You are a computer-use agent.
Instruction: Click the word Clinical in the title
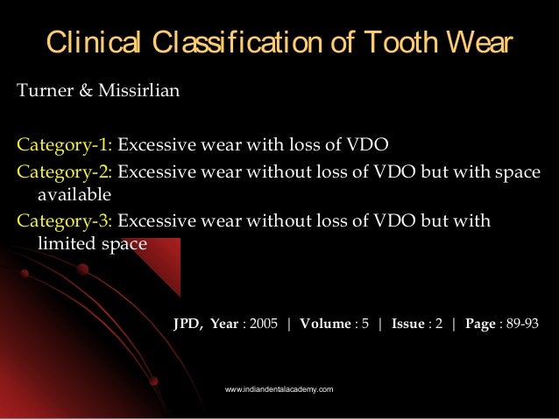(88, 42)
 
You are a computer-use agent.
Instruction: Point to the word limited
(67, 244)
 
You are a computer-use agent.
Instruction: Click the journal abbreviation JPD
(187, 323)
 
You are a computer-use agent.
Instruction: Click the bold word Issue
(408, 323)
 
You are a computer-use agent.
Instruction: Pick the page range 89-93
(523, 323)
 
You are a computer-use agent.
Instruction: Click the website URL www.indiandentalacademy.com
(279, 388)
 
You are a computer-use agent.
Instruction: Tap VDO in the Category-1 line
(370, 145)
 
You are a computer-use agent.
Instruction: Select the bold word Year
(223, 323)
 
